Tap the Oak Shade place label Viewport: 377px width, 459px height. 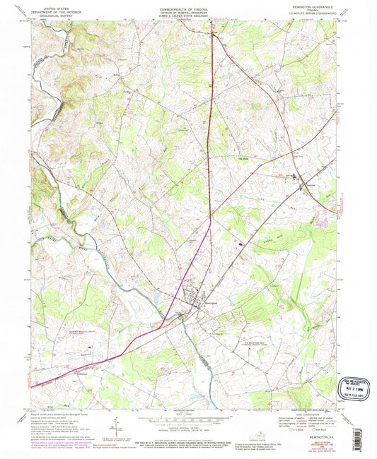pos(243,157)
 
